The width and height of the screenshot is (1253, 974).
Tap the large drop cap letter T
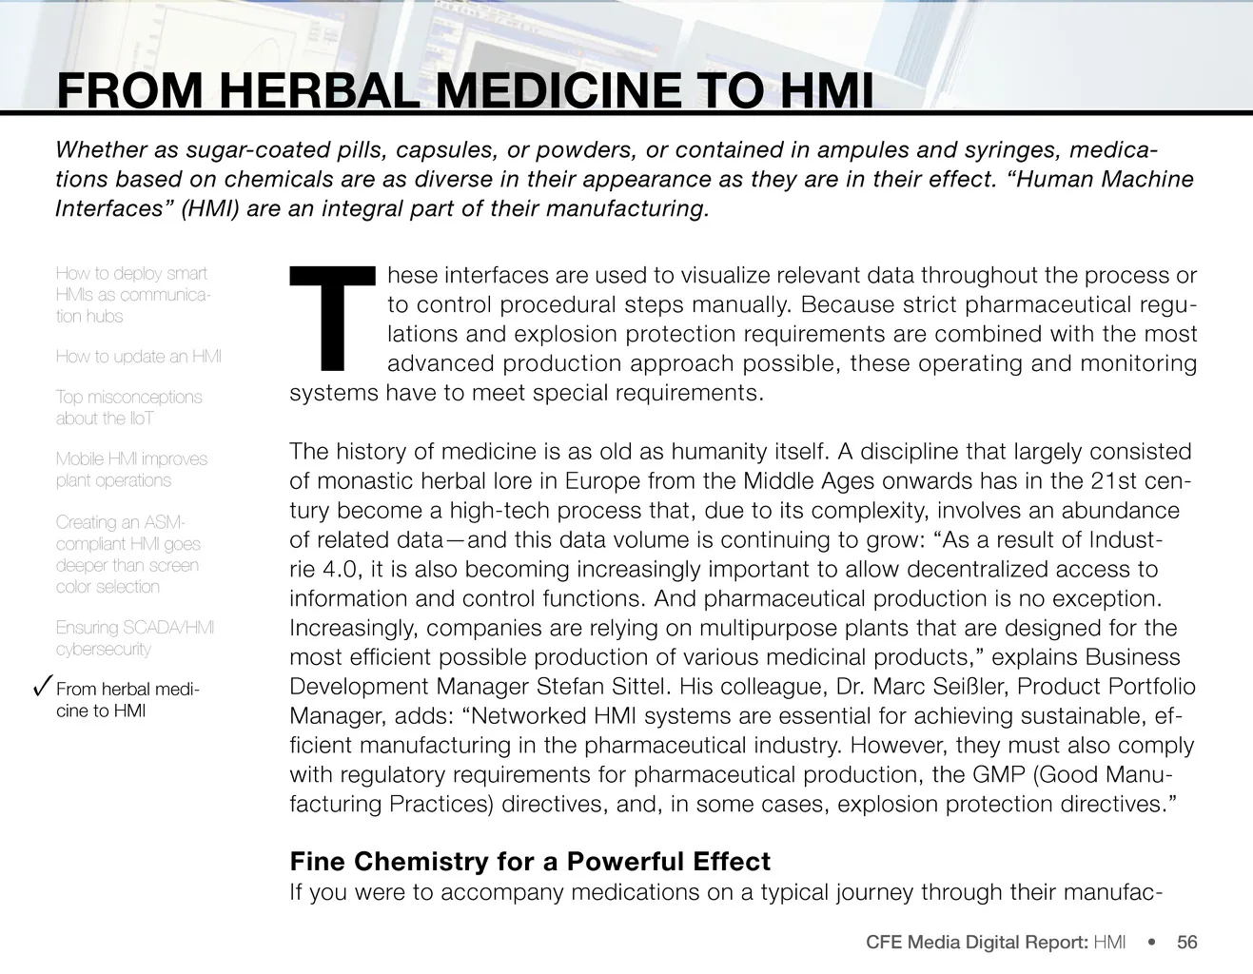pos(332,319)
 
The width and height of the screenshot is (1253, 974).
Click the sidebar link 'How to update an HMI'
pos(138,357)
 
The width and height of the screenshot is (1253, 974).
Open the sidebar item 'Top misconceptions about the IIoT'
pos(128,407)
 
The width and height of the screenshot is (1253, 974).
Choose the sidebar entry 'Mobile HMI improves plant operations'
pos(131,469)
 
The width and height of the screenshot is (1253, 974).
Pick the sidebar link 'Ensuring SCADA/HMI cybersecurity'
pos(134,638)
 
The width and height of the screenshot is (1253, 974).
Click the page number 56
pos(1186,943)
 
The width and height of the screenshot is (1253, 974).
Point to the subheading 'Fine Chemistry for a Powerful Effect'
pos(530,862)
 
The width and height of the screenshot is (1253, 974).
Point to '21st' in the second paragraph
pos(1114,480)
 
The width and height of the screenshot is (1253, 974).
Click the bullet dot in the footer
pos(1152,943)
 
